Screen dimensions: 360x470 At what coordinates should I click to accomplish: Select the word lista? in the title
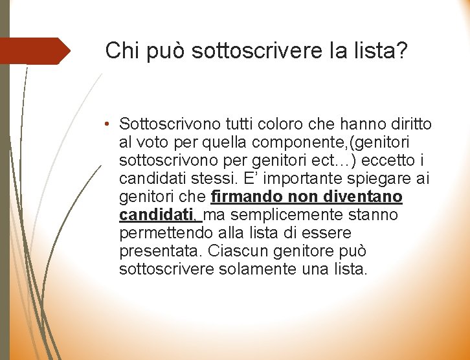tap(382, 50)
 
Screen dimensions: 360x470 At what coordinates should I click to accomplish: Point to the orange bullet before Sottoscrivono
tap(111, 124)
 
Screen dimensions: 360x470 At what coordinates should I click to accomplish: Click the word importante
tap(304, 178)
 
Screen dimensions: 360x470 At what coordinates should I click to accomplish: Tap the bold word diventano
tap(367, 196)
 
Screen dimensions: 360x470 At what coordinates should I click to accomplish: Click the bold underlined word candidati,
tap(159, 214)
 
